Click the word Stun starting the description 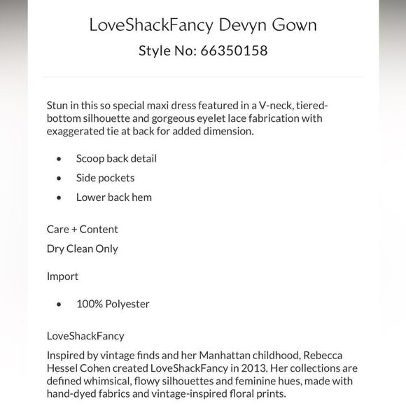point(58,105)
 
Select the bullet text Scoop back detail point(116,158)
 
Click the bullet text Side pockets point(105,178)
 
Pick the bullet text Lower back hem point(113,197)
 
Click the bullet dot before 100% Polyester point(59,304)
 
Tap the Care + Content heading point(82,229)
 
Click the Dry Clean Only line point(82,248)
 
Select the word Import point(62,276)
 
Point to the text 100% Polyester point(113,304)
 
